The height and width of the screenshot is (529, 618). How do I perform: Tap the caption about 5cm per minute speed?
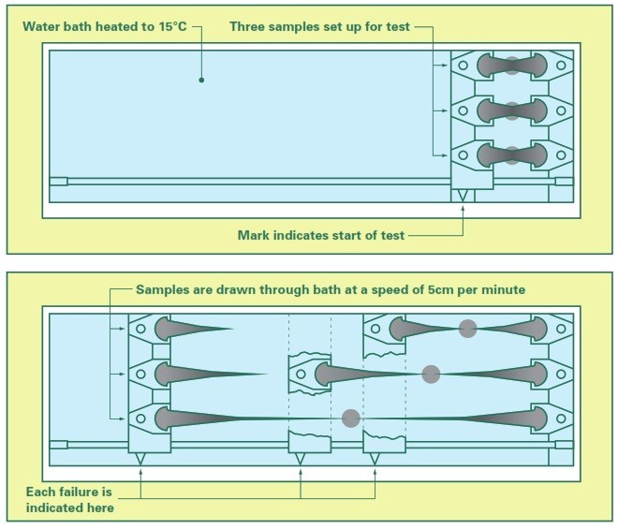pos(331,290)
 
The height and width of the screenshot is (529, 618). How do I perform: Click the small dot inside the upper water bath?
pos(201,81)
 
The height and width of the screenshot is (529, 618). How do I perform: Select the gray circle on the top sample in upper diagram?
pos(511,65)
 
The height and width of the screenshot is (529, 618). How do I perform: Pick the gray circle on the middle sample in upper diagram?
pos(511,110)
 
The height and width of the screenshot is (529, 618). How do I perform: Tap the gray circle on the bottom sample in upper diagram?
pos(511,154)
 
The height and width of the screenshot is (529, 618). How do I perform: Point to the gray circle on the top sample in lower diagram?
pos(466,328)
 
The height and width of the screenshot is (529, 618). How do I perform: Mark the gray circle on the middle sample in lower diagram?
pos(431,374)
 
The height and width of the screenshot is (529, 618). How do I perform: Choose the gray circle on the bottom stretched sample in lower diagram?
pos(350,418)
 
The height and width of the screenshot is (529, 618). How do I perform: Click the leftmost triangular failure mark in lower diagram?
pos(140,460)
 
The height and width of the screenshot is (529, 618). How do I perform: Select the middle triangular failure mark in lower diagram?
pos(300,460)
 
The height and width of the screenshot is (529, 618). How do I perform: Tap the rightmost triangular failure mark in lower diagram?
pos(375,460)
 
